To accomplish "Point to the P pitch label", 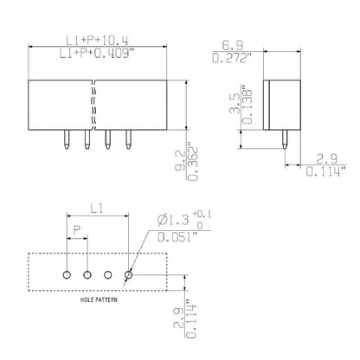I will pyautogui.click(x=76, y=233).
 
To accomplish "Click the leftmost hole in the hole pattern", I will pyautogui.click(x=67, y=275).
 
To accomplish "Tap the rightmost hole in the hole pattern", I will pyautogui.click(x=129, y=275).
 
